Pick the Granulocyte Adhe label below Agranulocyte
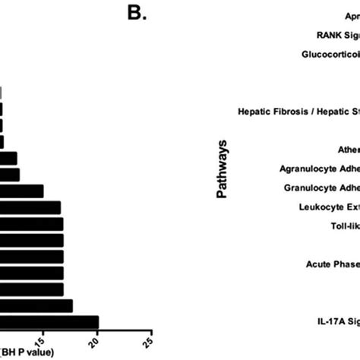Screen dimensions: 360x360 pos(321,187)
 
